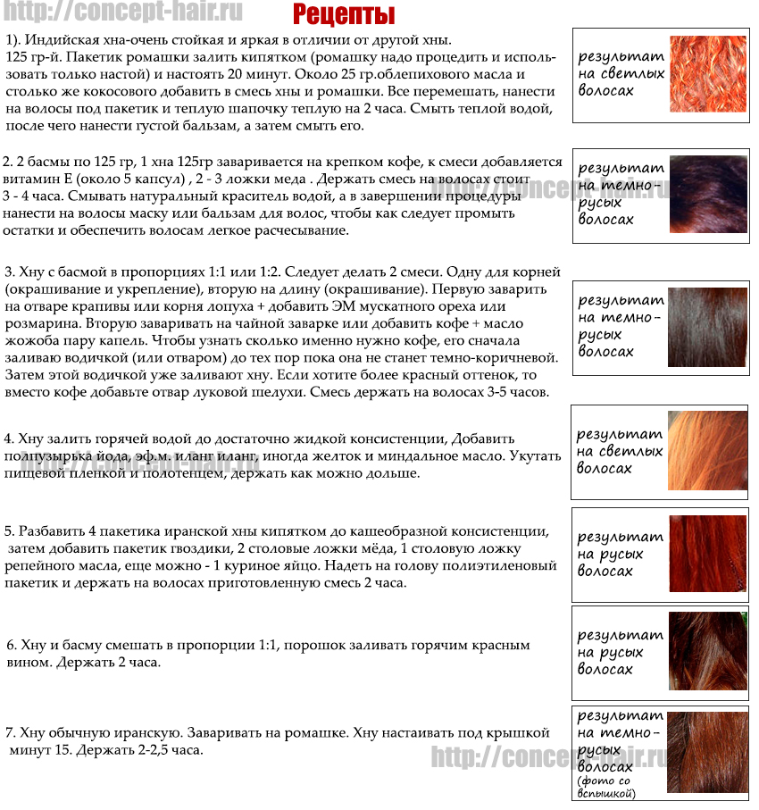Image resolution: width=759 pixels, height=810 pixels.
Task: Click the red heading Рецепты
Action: [x=344, y=15]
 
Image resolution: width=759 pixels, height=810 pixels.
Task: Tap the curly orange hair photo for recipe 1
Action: [x=708, y=73]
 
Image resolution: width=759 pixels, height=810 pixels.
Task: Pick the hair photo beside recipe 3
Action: [x=708, y=325]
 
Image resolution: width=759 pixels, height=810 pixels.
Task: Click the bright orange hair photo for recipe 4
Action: [x=708, y=450]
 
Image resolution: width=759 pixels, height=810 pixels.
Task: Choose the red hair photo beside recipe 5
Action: [x=708, y=554]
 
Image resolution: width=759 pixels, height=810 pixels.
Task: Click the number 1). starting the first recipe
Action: [x=14, y=40]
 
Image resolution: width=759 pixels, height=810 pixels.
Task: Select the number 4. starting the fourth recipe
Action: [x=9, y=438]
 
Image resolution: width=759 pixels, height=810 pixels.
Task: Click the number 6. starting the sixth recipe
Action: [x=12, y=645]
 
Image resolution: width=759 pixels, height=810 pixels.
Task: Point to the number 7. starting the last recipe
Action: [x=11, y=733]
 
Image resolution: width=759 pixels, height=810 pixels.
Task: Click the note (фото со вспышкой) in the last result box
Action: [x=606, y=788]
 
